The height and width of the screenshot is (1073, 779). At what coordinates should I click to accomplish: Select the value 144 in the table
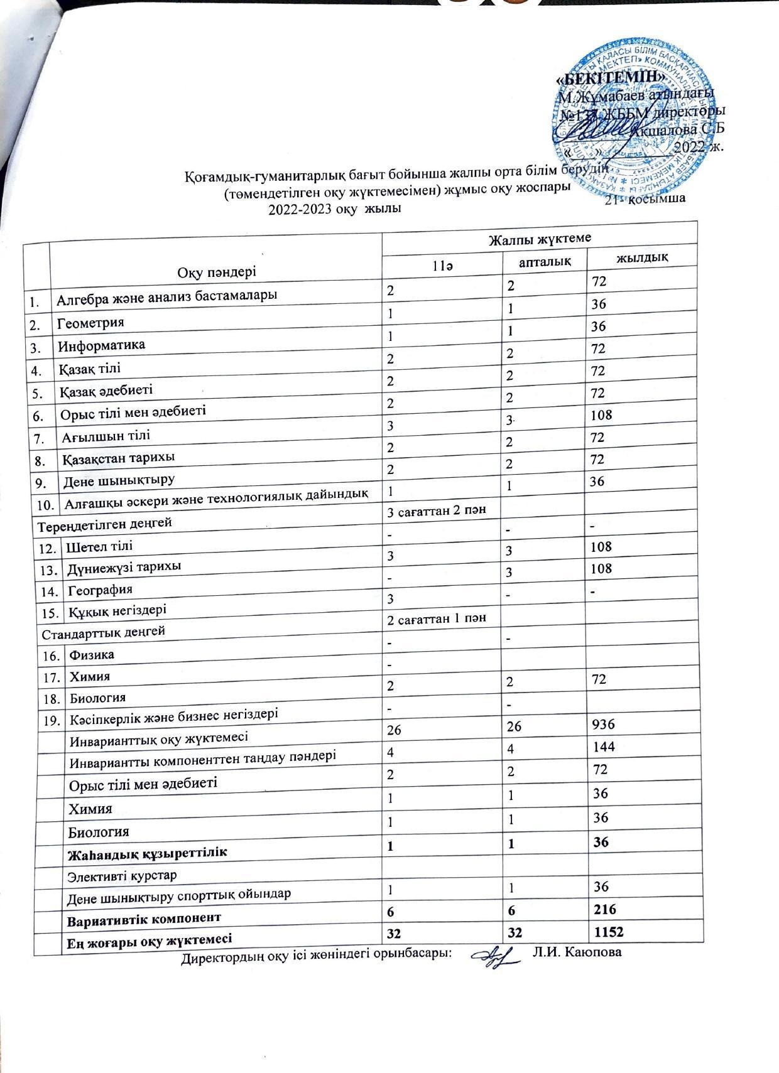pos(602,747)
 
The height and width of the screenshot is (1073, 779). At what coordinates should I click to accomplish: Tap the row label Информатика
pos(101,345)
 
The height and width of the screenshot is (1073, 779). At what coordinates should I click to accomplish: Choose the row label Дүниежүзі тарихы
pos(124,566)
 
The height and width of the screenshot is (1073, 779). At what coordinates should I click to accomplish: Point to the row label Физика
pos(92,655)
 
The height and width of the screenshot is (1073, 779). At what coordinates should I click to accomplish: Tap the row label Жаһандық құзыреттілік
pos(147,852)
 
